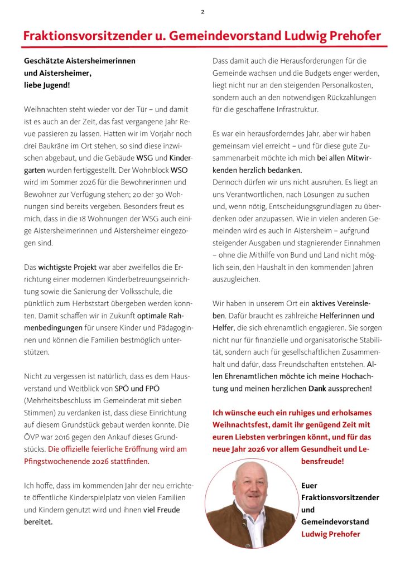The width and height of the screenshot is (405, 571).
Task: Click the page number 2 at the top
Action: click(x=202, y=12)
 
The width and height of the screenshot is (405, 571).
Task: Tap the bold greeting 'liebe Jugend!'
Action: click(x=47, y=85)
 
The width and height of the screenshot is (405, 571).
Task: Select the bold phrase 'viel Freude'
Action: click(x=162, y=510)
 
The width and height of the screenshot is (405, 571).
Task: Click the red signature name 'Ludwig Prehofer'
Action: click(x=330, y=534)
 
